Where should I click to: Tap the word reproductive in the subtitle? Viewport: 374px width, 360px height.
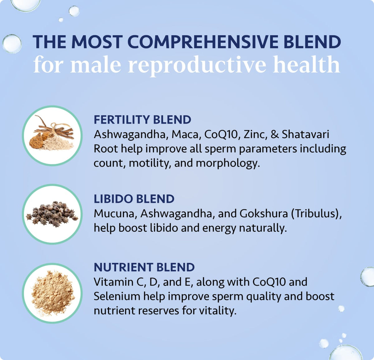[197, 65]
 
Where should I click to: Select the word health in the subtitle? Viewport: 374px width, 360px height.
[306, 65]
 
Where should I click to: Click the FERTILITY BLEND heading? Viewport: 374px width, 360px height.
[142, 120]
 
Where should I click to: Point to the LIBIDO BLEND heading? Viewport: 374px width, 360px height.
[134, 199]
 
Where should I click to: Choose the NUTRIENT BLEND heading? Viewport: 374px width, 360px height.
[144, 267]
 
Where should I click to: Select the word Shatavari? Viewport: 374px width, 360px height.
[305, 134]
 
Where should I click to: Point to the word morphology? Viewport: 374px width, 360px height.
[228, 163]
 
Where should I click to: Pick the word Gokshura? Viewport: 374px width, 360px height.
[264, 214]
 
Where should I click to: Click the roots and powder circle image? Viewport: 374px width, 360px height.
[52, 136]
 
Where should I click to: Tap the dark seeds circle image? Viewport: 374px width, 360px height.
[52, 214]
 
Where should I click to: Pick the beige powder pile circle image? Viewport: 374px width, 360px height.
[52, 293]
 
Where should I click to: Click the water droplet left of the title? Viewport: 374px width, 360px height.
[12, 44]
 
